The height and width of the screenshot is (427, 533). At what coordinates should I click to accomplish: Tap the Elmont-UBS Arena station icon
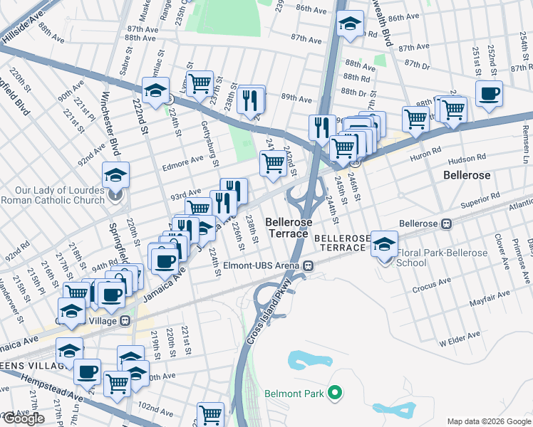click(x=309, y=265)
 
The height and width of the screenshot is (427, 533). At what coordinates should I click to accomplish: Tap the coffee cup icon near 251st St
click(x=489, y=93)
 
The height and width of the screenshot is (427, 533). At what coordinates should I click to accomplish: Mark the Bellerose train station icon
click(x=447, y=223)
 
